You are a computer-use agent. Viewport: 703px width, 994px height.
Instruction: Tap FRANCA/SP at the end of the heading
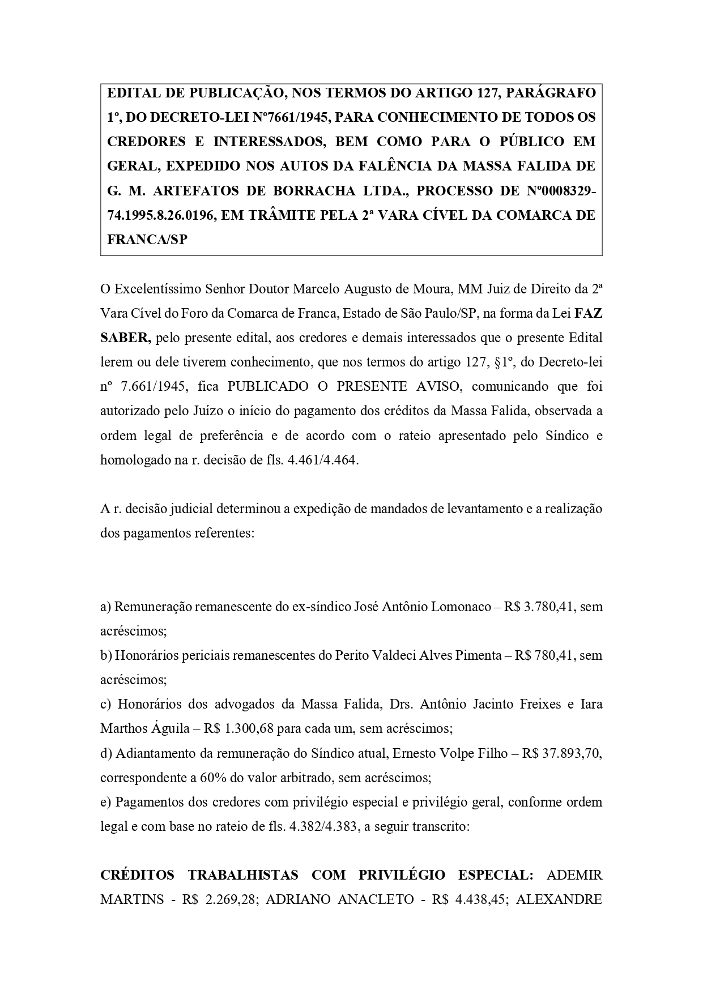point(147,240)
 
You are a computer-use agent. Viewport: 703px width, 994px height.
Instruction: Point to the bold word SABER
point(125,338)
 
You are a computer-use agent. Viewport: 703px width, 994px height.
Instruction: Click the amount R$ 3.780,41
point(540,607)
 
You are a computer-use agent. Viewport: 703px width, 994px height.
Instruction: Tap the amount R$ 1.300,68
point(232,728)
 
